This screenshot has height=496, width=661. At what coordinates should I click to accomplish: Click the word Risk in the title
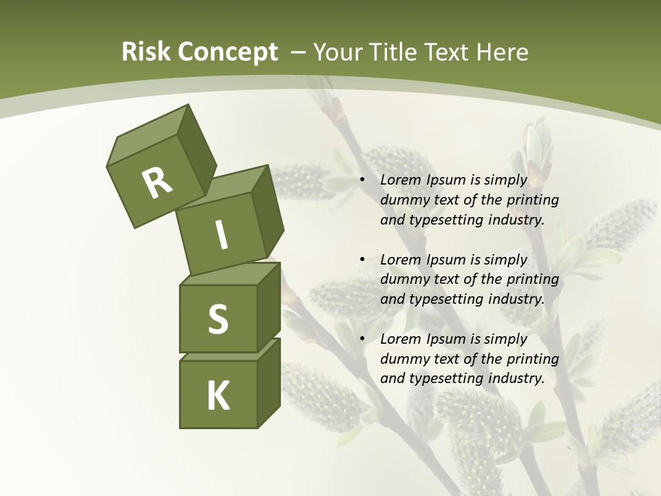pyautogui.click(x=147, y=52)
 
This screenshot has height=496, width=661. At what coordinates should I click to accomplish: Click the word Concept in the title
pyautogui.click(x=227, y=52)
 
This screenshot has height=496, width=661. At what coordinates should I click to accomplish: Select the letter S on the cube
pyautogui.click(x=218, y=320)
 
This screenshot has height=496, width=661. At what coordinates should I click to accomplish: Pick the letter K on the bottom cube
pyautogui.click(x=218, y=395)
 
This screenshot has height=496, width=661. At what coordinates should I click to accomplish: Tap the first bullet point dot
pyautogui.click(x=362, y=180)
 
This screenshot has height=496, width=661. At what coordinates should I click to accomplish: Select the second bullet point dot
pyautogui.click(x=362, y=260)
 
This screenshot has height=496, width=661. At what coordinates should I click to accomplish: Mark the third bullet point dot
pyautogui.click(x=362, y=339)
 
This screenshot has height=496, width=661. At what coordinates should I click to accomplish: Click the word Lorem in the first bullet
pyautogui.click(x=400, y=180)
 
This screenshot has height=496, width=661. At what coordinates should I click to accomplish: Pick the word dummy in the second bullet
pyautogui.click(x=403, y=279)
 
